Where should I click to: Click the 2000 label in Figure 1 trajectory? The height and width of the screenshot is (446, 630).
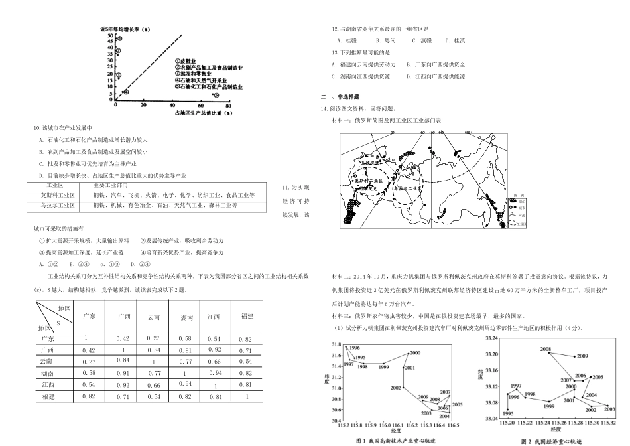click(x=414, y=353)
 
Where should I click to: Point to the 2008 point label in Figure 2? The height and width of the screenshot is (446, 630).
click(x=545, y=348)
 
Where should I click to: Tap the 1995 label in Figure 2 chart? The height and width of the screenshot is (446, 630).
click(x=509, y=413)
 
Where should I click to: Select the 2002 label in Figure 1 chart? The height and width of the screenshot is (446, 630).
click(x=396, y=387)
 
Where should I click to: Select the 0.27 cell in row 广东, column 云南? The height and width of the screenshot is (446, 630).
click(x=154, y=338)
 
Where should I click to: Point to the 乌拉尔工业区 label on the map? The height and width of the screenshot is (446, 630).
click(x=406, y=188)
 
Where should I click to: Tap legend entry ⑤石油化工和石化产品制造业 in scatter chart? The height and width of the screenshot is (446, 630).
click(x=208, y=87)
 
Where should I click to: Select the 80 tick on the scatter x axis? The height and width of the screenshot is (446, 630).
click(x=228, y=106)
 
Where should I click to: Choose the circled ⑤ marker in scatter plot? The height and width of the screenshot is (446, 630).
click(x=214, y=95)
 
